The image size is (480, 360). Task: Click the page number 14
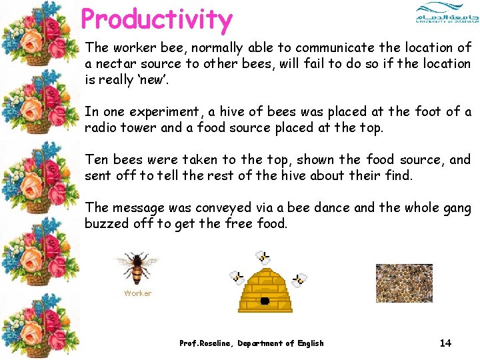tap(445, 343)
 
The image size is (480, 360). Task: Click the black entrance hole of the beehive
tap(265, 301)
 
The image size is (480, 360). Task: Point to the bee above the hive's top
tap(264, 257)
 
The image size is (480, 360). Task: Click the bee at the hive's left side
tap(236, 277)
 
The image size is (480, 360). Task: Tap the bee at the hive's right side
tap(299, 279)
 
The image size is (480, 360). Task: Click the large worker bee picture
tap(137, 268)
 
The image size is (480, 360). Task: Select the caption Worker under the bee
tap(137, 293)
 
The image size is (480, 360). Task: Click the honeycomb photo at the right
tap(404, 283)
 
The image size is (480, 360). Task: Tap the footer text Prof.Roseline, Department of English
tap(251, 343)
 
